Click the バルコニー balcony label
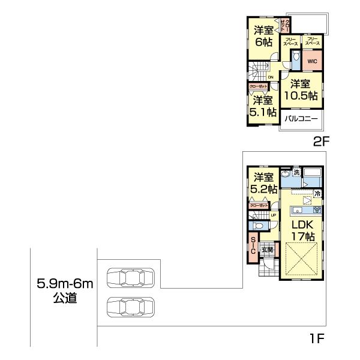click(301, 118)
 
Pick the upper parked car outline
click(128, 278)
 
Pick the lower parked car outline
click(128, 307)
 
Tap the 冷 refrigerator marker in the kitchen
click(317, 193)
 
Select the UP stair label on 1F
click(274, 215)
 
